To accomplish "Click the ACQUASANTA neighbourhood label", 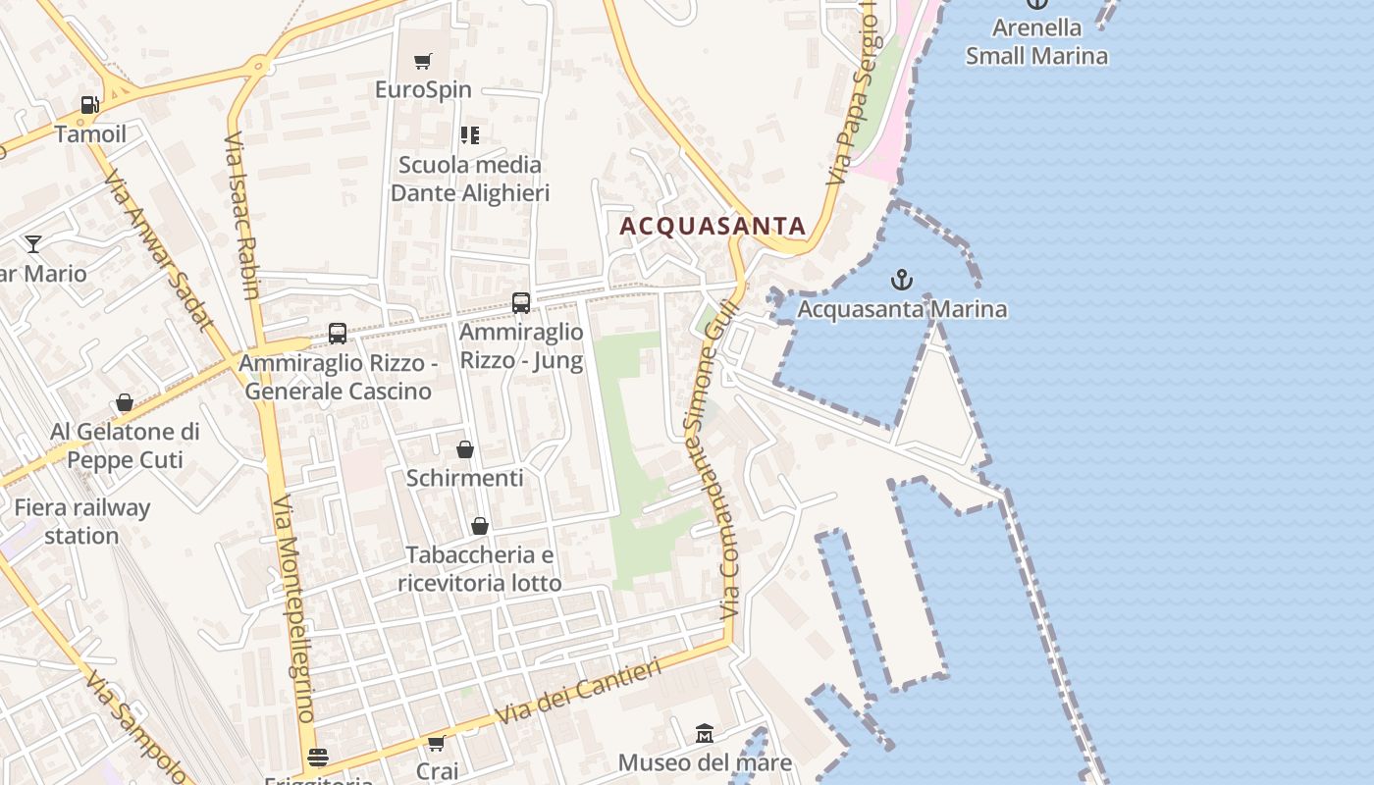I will pyautogui.click(x=713, y=226).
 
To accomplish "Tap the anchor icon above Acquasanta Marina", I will pyautogui.click(x=901, y=281).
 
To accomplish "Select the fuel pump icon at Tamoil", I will pyautogui.click(x=89, y=105).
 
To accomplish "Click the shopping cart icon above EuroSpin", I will pyautogui.click(x=423, y=62).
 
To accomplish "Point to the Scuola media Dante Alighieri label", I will pyautogui.click(x=469, y=179).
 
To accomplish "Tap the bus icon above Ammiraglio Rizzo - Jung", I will pyautogui.click(x=521, y=303).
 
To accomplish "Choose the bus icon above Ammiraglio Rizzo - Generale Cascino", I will pyautogui.click(x=338, y=334).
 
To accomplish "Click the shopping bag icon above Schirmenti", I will pyautogui.click(x=465, y=449).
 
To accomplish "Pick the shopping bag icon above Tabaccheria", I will pyautogui.click(x=480, y=526).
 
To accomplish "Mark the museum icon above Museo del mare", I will pyautogui.click(x=705, y=733).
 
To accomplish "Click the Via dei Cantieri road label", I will pyautogui.click(x=579, y=692).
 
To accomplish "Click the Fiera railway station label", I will pyautogui.click(x=81, y=522).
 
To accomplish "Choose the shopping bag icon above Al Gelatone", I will pyautogui.click(x=125, y=402).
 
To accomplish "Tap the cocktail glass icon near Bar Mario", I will pyautogui.click(x=34, y=243).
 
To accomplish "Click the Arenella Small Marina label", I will pyautogui.click(x=1036, y=41).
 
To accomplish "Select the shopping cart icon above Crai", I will pyautogui.click(x=437, y=743).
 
